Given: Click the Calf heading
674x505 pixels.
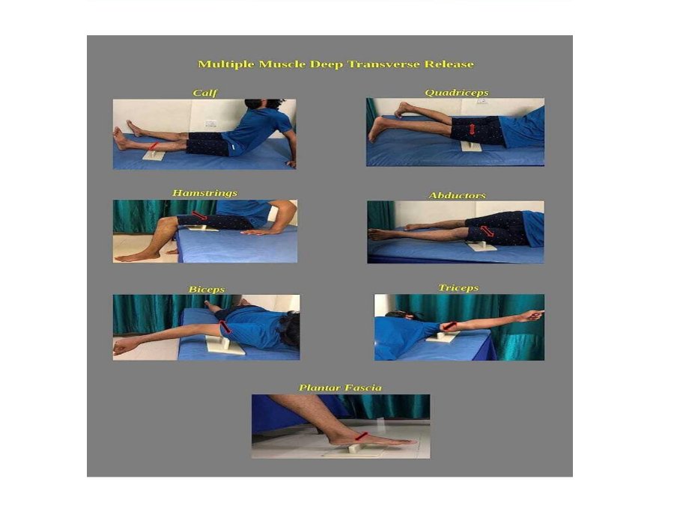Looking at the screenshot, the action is [204, 93].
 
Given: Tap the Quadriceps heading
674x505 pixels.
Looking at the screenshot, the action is [457, 93].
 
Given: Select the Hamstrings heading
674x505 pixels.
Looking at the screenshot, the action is [204, 193].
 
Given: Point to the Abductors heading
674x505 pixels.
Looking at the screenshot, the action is [457, 195].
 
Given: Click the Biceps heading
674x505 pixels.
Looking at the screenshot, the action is [207, 290].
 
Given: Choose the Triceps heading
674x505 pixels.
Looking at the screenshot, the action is [458, 288].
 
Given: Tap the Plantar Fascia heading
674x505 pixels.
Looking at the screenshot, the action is [340, 388].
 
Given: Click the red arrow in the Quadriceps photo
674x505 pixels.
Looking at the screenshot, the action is [472, 129].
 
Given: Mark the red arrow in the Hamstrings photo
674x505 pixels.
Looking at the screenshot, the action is [199, 215].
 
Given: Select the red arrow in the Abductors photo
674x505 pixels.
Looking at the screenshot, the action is [487, 231].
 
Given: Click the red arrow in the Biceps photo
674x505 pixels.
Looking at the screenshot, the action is [225, 327].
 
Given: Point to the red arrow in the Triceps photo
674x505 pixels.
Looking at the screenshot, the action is [449, 326].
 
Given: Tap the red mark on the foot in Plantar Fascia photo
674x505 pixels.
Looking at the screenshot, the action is [362, 436].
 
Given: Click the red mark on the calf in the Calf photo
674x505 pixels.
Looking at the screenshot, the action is [154, 146].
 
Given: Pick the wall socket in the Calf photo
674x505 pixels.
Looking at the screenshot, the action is [210, 123].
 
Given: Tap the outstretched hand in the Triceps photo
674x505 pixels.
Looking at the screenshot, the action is [533, 316].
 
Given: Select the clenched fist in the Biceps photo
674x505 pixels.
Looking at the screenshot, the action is [121, 346].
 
